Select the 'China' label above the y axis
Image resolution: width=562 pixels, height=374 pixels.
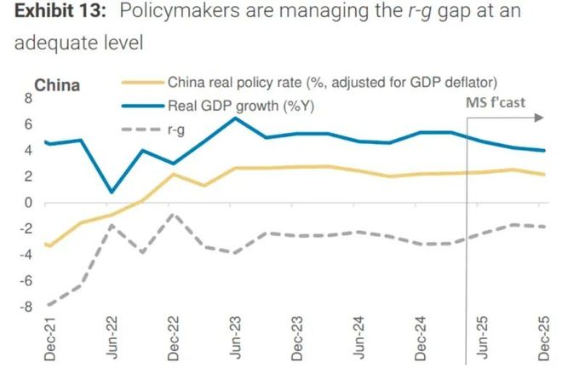[57, 85]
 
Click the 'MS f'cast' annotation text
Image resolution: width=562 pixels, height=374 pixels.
[495, 103]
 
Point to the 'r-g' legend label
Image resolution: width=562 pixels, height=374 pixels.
[177, 129]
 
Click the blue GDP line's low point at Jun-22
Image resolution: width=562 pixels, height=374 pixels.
[110, 193]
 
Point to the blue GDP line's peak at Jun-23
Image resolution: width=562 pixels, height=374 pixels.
[235, 118]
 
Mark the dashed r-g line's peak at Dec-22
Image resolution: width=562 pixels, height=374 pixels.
[173, 214]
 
